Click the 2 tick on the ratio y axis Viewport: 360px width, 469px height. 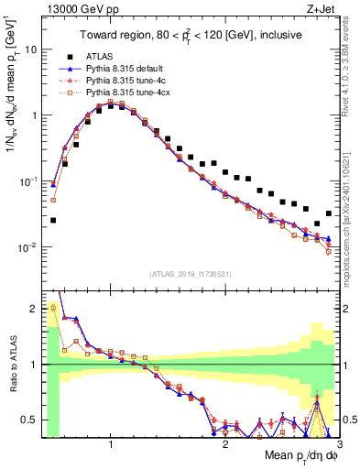[x=35, y=309]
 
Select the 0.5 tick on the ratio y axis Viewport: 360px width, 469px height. [x=31, y=420]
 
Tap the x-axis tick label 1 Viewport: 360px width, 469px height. [x=111, y=444]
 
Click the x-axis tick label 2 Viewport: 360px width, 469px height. [x=226, y=444]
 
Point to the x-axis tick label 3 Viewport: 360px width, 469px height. [x=341, y=444]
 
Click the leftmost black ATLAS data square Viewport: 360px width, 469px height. [x=53, y=220]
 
